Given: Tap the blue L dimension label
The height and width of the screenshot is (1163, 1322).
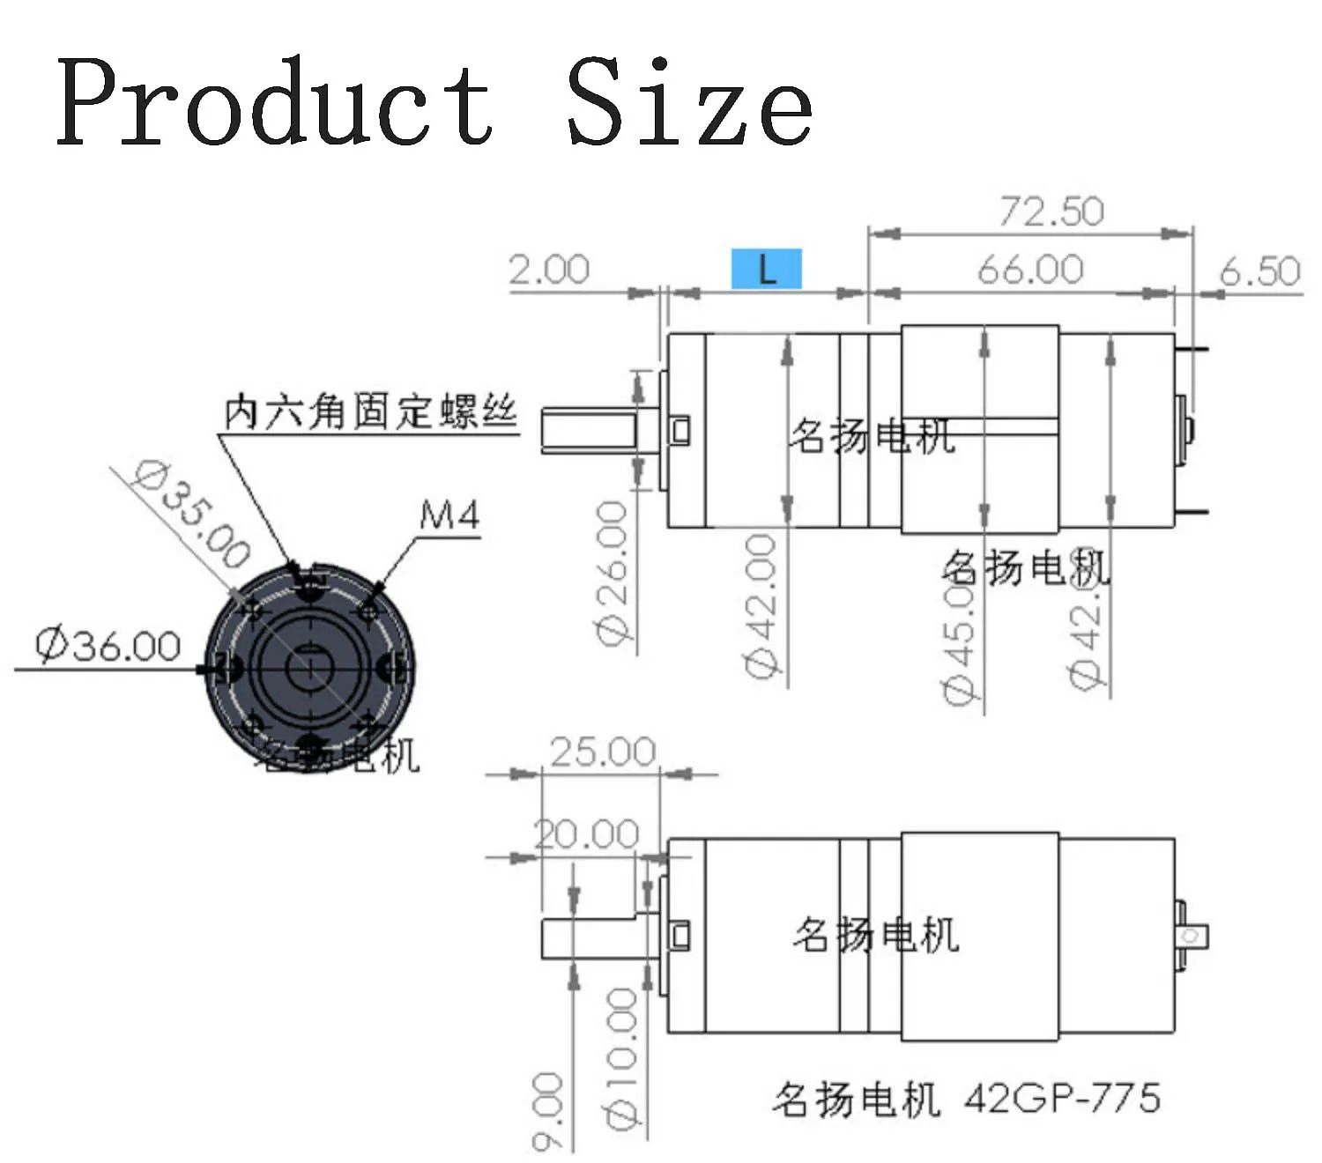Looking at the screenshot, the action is [x=766, y=269].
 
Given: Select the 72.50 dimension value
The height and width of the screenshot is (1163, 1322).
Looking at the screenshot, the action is [x=1051, y=211].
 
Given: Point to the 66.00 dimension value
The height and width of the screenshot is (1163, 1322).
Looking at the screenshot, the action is [x=1029, y=269].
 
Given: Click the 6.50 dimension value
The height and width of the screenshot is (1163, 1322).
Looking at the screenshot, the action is [x=1259, y=270].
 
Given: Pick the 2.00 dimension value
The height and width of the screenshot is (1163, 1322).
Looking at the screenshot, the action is [x=549, y=269].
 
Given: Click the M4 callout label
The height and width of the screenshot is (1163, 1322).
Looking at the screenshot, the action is [x=449, y=515].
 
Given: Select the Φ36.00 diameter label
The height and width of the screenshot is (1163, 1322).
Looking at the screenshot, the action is [x=108, y=646].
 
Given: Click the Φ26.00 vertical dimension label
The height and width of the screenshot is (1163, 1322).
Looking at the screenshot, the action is [x=613, y=573].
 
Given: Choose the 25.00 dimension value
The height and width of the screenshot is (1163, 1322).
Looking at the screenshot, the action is [x=603, y=752].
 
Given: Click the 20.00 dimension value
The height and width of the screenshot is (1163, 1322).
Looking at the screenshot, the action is [x=587, y=833].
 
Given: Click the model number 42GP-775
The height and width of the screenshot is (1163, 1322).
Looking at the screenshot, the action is [x=1062, y=1099].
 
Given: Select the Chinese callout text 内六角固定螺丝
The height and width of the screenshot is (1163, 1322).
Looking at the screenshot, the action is [x=370, y=412].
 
